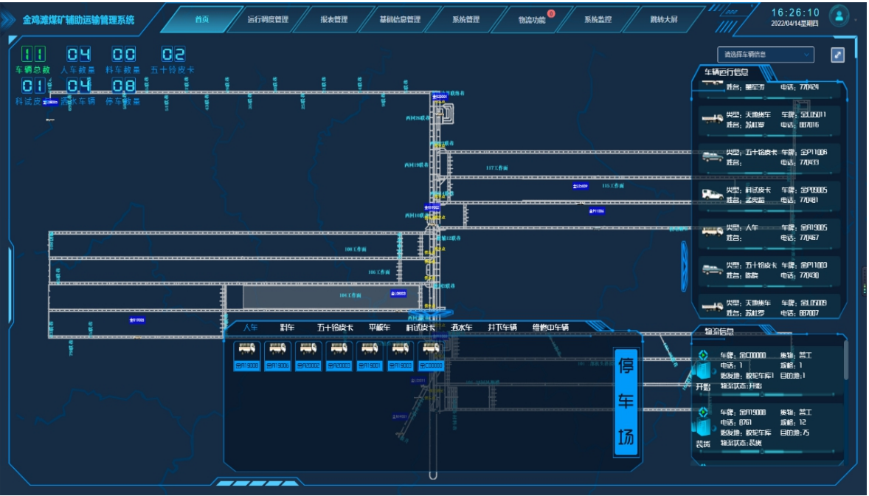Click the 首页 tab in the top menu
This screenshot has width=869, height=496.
pyautogui.click(x=201, y=20)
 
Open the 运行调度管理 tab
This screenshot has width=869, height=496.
pyautogui.click(x=268, y=20)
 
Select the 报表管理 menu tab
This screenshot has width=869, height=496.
pyautogui.click(x=334, y=20)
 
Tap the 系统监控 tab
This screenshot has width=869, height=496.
pyautogui.click(x=598, y=20)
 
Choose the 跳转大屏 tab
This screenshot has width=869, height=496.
pyautogui.click(x=664, y=20)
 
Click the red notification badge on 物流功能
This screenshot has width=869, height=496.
pyautogui.click(x=551, y=13)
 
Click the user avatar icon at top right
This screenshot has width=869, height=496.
pyautogui.click(x=839, y=15)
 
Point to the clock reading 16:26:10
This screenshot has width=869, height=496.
pyautogui.click(x=795, y=13)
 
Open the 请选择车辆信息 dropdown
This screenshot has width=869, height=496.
pyautogui.click(x=766, y=55)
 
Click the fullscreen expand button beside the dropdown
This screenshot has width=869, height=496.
pyautogui.click(x=837, y=55)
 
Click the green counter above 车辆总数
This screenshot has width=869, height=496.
pyautogui.click(x=33, y=55)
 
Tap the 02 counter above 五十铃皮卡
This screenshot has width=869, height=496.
pyautogui.click(x=173, y=55)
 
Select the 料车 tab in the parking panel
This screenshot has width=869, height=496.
pyautogui.click(x=287, y=328)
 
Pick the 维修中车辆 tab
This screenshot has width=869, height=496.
pyautogui.click(x=550, y=328)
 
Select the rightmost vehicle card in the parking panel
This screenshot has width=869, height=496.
pyautogui.click(x=432, y=356)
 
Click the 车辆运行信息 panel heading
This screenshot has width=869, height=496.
pyautogui.click(x=726, y=72)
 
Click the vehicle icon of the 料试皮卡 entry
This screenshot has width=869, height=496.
pyautogui.click(x=712, y=194)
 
